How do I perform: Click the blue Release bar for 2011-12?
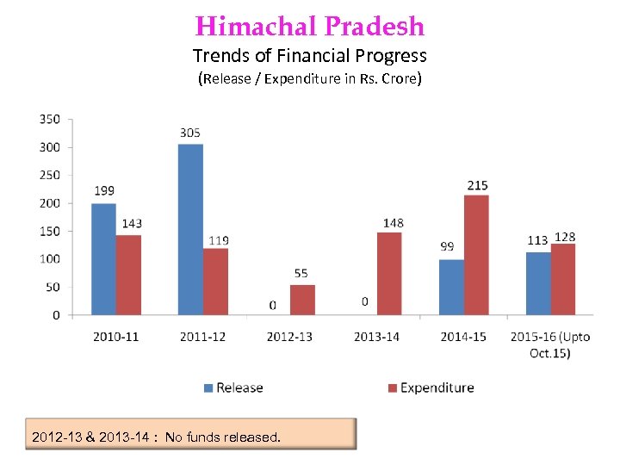(190, 229)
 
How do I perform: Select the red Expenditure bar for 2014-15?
(475, 255)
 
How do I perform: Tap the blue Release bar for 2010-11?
(103, 259)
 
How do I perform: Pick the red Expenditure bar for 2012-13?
(302, 300)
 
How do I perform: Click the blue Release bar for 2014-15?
(450, 287)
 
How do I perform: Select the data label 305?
(190, 133)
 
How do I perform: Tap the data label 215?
(477, 185)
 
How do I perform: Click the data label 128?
(565, 237)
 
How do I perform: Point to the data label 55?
(301, 274)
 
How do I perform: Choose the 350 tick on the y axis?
(50, 119)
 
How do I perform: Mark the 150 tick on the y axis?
(50, 231)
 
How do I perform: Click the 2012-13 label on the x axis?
(289, 336)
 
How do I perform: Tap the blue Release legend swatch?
(208, 388)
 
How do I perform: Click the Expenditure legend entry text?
(437, 388)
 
